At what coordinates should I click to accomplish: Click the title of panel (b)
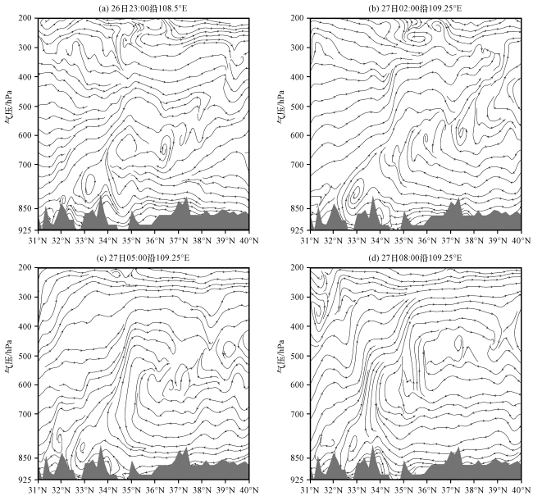pyautogui.click(x=416, y=7)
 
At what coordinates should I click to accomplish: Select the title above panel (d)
pyautogui.click(x=416, y=257)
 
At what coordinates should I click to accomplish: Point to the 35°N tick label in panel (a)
pyautogui.click(x=131, y=240)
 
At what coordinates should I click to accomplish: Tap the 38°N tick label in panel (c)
pyautogui.click(x=202, y=490)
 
